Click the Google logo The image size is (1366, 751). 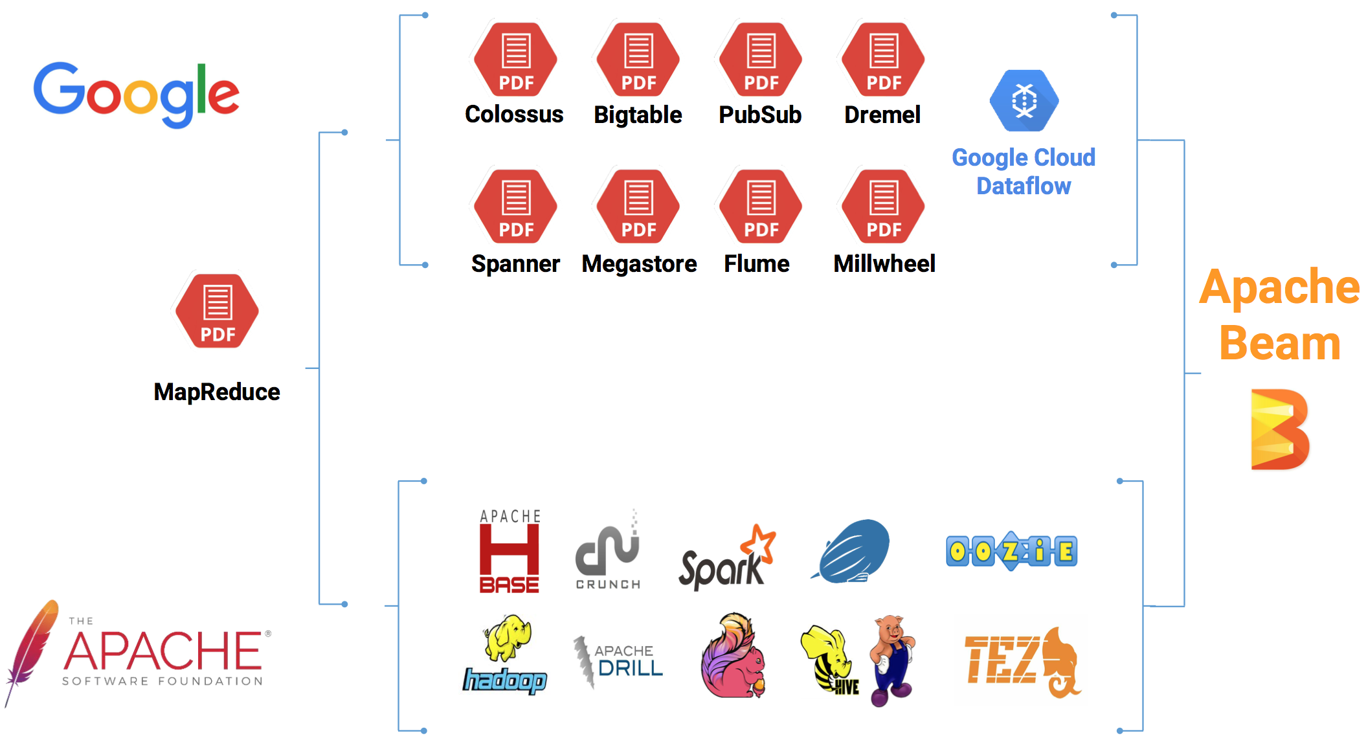[x=136, y=94]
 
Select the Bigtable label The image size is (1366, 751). [x=638, y=115]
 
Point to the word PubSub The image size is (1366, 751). [x=760, y=115]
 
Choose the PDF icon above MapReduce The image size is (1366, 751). [x=218, y=311]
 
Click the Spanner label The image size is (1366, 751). [x=515, y=264]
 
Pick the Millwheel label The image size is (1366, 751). [x=884, y=264]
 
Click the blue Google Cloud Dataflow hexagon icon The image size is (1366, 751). [x=1024, y=101]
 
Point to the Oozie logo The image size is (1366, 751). [x=1011, y=552]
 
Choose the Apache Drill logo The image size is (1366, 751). [x=619, y=660]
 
